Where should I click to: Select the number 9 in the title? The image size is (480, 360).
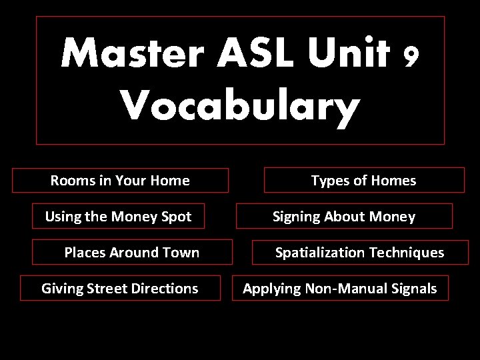[411, 57]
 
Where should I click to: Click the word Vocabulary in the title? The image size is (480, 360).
[240, 107]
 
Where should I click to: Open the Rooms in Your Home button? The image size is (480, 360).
[120, 181]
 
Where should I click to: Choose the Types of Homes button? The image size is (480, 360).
[364, 181]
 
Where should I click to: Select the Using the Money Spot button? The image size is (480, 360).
[119, 217]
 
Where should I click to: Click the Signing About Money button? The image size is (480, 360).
[344, 217]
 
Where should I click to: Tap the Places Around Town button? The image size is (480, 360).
[132, 253]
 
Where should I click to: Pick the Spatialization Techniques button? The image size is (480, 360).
[360, 253]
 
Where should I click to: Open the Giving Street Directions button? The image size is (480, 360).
[120, 289]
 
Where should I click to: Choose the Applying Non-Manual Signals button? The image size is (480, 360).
[340, 289]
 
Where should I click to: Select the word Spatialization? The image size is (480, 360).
[320, 253]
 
